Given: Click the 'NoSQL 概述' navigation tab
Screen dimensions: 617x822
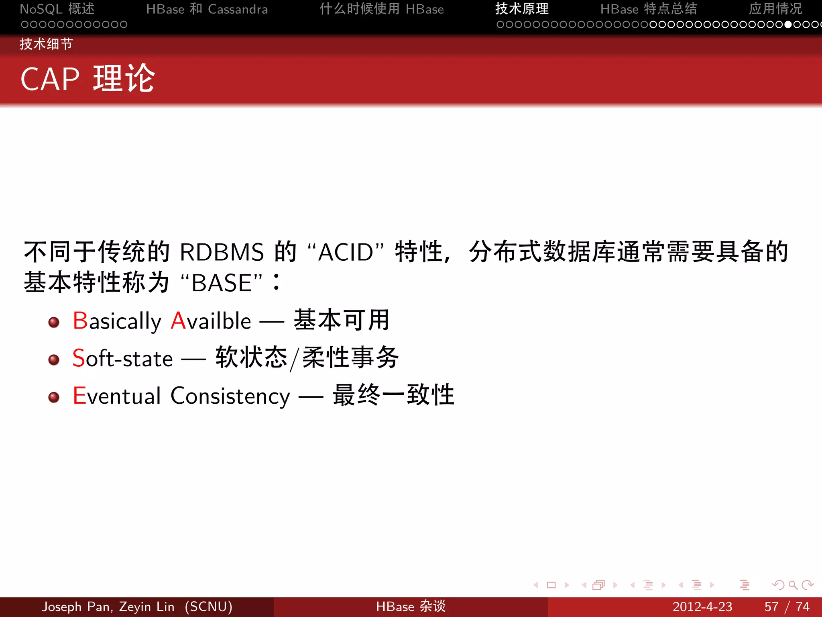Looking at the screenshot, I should (57, 9).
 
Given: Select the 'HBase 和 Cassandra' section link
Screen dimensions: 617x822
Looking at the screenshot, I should (207, 9).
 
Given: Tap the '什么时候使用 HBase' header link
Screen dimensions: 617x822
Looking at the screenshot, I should (382, 9).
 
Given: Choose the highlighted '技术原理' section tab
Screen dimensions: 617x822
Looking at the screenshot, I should (522, 9).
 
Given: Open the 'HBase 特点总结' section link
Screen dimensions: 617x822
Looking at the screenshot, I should (649, 9).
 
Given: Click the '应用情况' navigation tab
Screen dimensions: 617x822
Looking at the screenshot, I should (775, 9).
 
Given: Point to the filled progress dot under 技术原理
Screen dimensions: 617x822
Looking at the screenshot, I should (788, 25).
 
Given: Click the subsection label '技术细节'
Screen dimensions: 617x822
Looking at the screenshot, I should (46, 44).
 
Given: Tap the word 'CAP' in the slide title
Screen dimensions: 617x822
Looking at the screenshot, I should (50, 79).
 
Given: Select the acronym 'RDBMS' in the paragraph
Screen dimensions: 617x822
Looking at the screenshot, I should (222, 252).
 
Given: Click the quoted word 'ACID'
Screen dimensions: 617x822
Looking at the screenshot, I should (346, 252).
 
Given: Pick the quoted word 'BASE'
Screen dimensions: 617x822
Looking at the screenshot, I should (222, 283).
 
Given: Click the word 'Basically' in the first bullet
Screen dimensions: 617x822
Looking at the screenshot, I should (117, 321).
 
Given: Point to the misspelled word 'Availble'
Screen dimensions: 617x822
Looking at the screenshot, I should (211, 321).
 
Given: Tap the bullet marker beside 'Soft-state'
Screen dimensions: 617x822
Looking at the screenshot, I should (54, 360).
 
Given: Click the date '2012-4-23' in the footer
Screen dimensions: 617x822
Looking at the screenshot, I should (702, 607).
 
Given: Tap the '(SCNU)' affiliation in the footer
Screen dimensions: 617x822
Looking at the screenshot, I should (208, 607).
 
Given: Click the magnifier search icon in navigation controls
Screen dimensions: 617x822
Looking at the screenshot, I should (793, 585).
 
